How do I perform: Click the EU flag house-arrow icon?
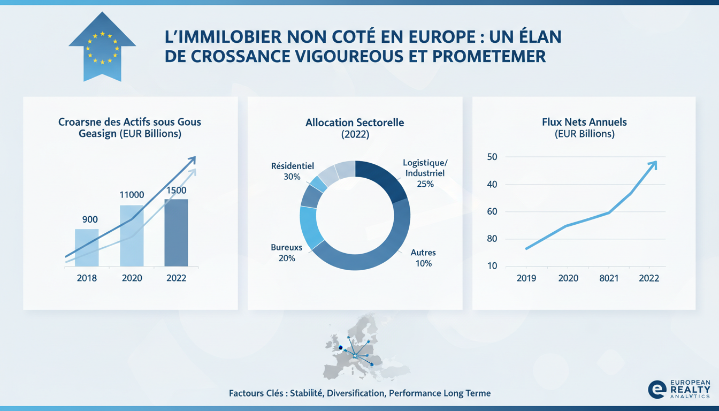(102, 52)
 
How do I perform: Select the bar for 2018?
(87, 247)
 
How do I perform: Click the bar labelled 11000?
(132, 235)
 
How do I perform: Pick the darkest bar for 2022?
(176, 233)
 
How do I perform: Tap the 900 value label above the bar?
(89, 219)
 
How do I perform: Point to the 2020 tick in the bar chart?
(132, 278)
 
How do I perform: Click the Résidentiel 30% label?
(292, 171)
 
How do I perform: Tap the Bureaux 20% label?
(286, 253)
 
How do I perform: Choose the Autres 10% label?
(423, 258)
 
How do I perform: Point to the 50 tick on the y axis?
(492, 157)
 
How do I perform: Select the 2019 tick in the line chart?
(526, 278)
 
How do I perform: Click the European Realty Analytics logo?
(678, 389)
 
